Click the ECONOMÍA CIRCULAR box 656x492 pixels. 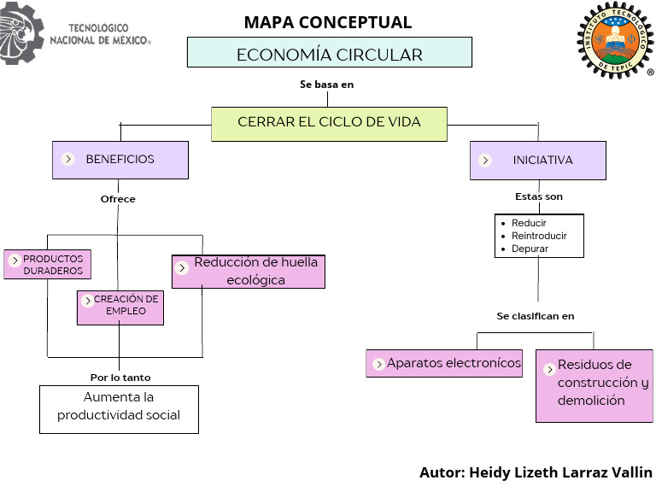click(329, 52)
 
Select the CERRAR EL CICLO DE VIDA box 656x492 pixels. click(329, 123)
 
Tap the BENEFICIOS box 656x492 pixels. click(120, 160)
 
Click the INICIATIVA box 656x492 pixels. click(537, 160)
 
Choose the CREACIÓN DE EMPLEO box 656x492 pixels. click(120, 307)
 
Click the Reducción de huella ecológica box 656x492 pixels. click(248, 272)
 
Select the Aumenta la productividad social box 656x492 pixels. click(119, 408)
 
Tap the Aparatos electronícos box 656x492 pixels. click(443, 363)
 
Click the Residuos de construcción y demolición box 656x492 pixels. click(594, 385)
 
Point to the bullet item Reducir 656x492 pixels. click(529, 223)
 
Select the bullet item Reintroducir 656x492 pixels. click(538, 236)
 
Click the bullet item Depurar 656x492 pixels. click(530, 249)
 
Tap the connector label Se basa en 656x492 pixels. click(326, 85)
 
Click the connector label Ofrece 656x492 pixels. click(118, 199)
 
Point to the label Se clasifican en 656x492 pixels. click(535, 316)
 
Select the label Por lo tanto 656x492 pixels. click(120, 377)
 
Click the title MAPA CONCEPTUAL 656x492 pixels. click(327, 22)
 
